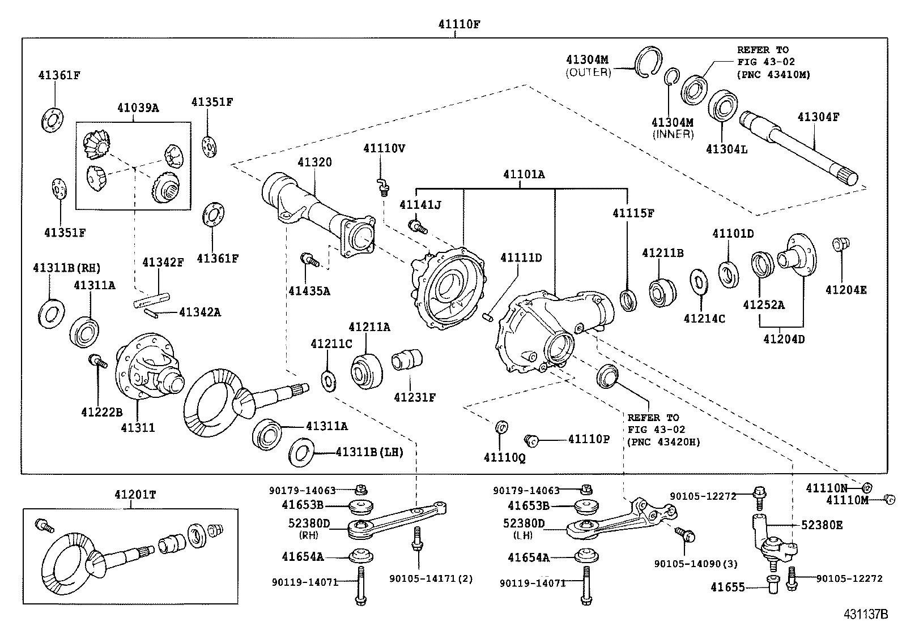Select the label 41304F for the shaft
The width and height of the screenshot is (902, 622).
(818, 117)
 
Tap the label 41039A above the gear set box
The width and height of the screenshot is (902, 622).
(138, 108)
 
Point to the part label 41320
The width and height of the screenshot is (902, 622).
(315, 162)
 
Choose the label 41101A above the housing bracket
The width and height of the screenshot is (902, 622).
(524, 174)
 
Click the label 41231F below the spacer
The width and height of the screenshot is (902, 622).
(415, 397)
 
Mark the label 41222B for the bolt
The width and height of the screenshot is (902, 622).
(101, 413)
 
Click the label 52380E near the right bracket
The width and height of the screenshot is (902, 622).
(822, 525)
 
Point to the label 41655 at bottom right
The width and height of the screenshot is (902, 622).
(727, 587)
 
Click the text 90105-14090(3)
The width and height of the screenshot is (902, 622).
(696, 564)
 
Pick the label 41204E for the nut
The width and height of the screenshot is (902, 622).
(846, 290)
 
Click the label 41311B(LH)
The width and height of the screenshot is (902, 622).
(369, 452)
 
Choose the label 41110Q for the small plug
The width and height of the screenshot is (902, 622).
(504, 457)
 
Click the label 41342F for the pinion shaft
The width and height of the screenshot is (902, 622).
(163, 262)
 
